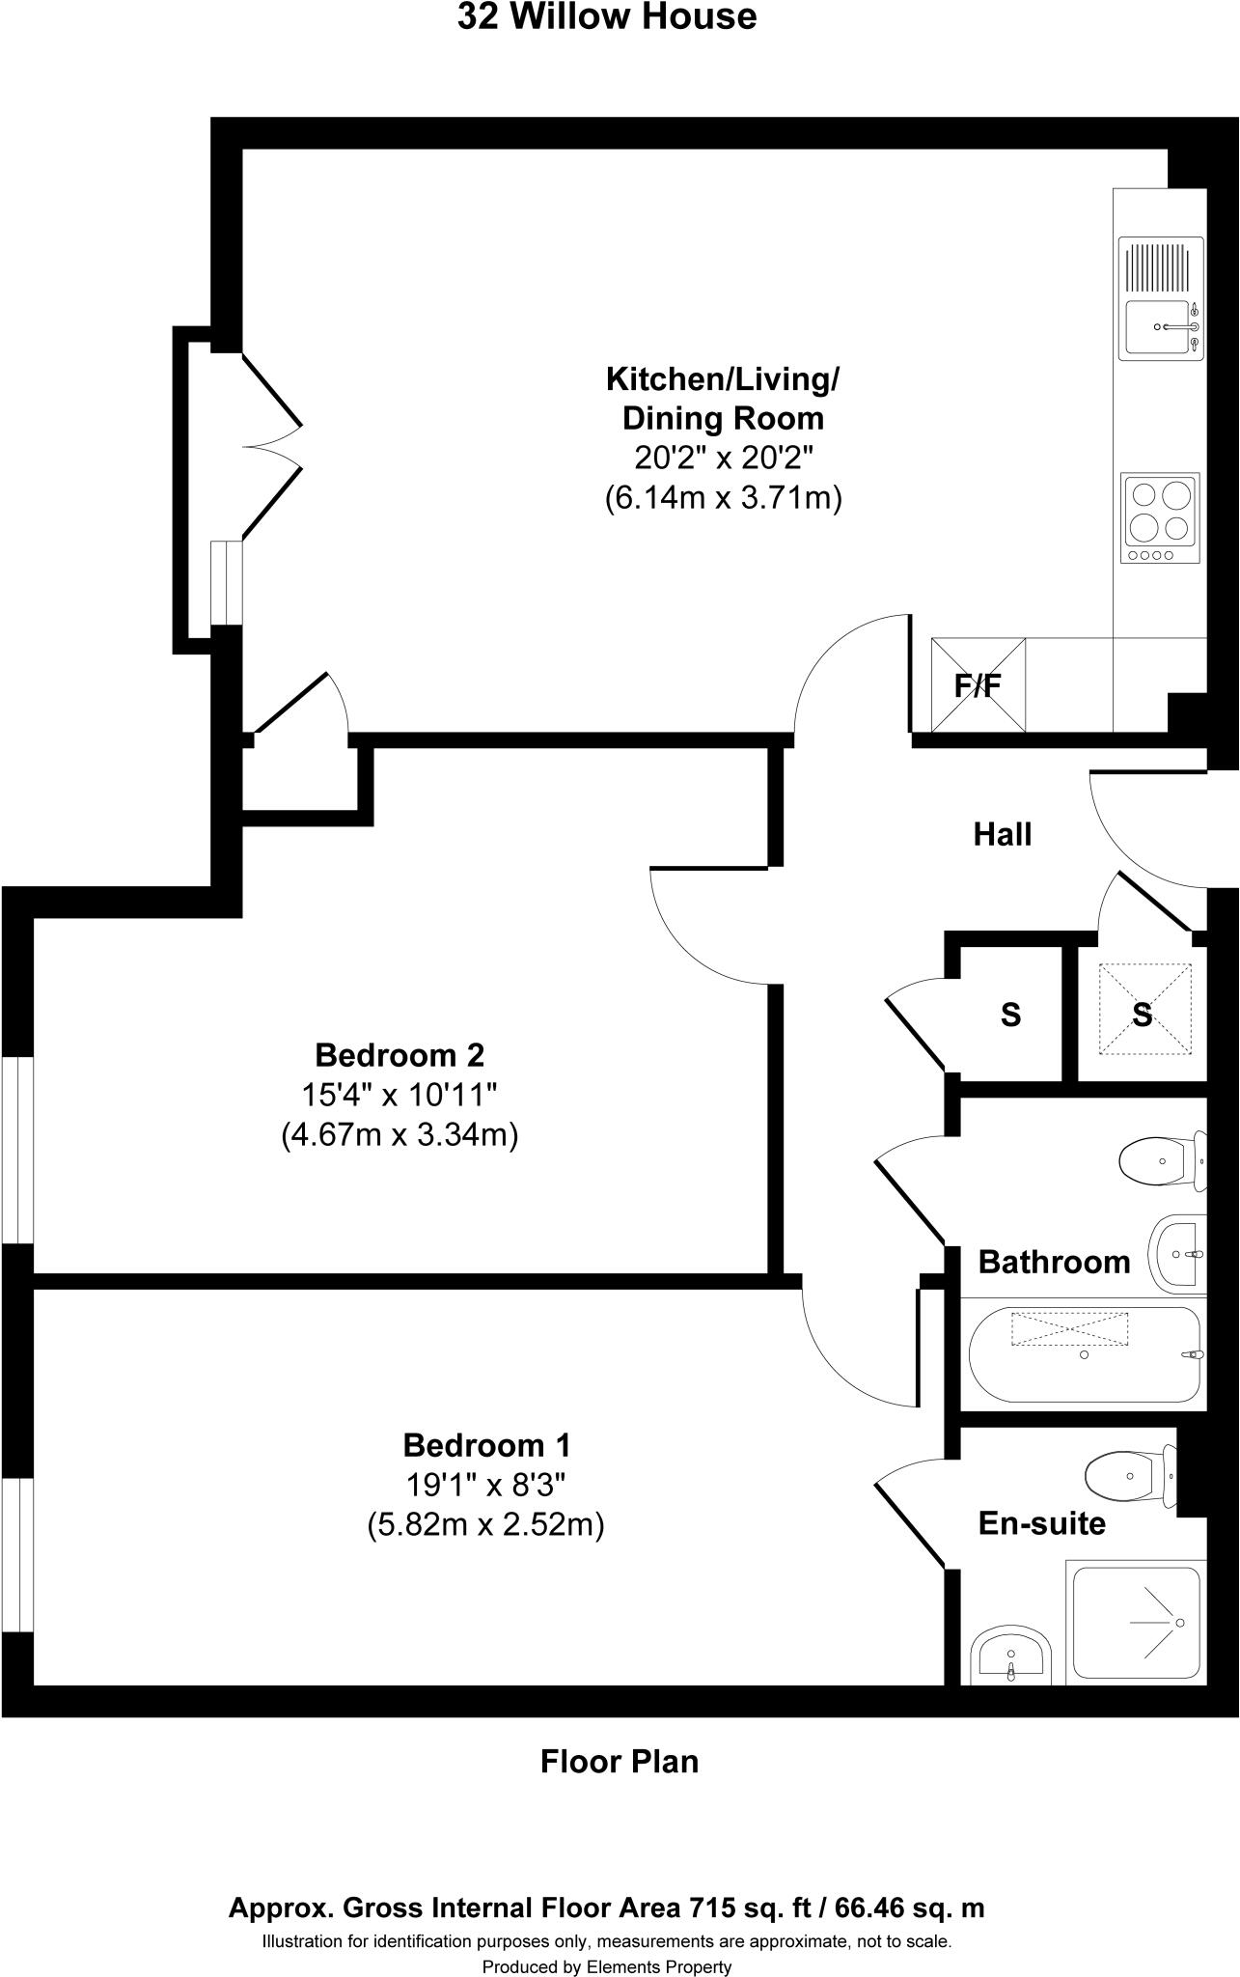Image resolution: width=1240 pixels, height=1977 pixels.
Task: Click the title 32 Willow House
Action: (x=607, y=17)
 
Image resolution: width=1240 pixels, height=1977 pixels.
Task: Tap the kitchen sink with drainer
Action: (x=1160, y=298)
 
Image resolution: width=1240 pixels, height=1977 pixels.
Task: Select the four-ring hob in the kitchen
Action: (x=1160, y=517)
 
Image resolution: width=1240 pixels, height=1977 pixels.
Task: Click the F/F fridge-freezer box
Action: (x=978, y=685)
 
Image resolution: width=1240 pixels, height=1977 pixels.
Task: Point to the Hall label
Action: (x=1003, y=834)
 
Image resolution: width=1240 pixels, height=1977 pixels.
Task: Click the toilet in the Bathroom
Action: (x=1162, y=1161)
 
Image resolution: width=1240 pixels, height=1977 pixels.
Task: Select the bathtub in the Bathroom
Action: (x=1084, y=1353)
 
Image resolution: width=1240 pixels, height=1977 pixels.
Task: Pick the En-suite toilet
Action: (x=1130, y=1475)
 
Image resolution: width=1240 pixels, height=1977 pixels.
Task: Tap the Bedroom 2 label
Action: (x=400, y=1054)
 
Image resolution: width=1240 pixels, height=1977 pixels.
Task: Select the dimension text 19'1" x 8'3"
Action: (x=485, y=1485)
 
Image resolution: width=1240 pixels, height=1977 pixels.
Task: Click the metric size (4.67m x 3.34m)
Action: (x=400, y=1135)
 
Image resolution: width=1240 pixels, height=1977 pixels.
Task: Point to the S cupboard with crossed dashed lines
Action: (x=1143, y=1015)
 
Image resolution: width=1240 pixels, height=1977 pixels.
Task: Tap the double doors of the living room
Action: (x=270, y=446)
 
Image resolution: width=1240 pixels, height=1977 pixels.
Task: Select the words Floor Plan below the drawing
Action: (x=619, y=1762)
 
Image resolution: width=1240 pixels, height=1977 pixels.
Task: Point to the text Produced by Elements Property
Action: (x=607, y=1966)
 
